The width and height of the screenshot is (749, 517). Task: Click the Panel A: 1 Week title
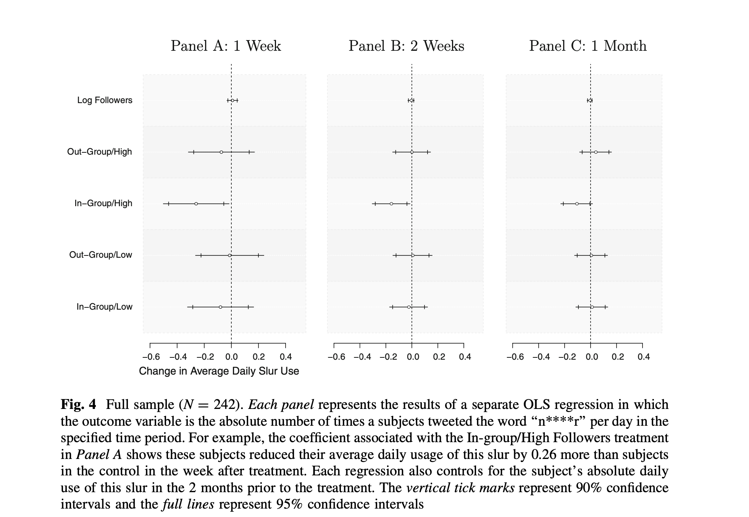226,46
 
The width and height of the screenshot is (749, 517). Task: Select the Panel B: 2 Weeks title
406,46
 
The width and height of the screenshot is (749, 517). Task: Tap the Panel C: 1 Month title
588,46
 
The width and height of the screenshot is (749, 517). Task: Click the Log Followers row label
105,100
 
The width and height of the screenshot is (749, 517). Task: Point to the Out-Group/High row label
99,152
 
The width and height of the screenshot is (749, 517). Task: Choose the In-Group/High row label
103,203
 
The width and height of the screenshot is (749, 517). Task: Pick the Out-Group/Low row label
100,255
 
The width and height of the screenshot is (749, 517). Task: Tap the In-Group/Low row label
104,307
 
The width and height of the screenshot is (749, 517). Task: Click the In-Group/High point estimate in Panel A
196,204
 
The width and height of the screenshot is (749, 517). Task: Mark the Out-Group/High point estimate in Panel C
596,152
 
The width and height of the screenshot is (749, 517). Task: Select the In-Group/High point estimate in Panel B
391,204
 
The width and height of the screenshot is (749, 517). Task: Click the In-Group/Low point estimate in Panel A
220,307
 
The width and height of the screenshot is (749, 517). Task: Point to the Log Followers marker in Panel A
232,100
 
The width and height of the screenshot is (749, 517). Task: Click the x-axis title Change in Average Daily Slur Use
219,371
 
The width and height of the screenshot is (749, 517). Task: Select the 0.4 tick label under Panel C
643,357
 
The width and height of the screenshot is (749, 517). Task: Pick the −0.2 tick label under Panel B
387,357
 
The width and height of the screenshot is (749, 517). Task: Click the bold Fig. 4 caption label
78,404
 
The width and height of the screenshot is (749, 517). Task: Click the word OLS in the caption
537,404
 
